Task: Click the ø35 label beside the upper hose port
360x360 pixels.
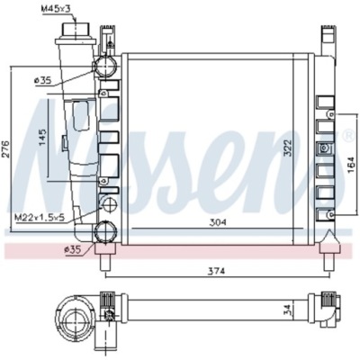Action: tap(41, 81)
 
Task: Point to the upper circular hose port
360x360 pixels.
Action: tap(106, 67)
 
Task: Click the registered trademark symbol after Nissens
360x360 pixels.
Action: tap(347, 137)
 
